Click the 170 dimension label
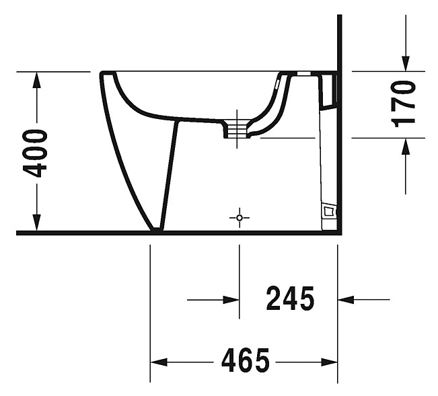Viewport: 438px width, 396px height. (x=403, y=104)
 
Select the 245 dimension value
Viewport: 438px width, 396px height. (x=290, y=299)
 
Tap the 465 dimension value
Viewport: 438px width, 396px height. (x=246, y=360)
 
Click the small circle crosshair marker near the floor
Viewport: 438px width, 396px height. (x=240, y=218)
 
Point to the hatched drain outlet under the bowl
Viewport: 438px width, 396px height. (x=237, y=130)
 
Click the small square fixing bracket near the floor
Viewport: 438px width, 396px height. (x=329, y=212)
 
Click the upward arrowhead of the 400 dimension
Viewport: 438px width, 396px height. (x=36, y=80)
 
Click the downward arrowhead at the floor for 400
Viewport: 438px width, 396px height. (x=36, y=223)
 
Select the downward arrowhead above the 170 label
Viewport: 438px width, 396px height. (x=406, y=63)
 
